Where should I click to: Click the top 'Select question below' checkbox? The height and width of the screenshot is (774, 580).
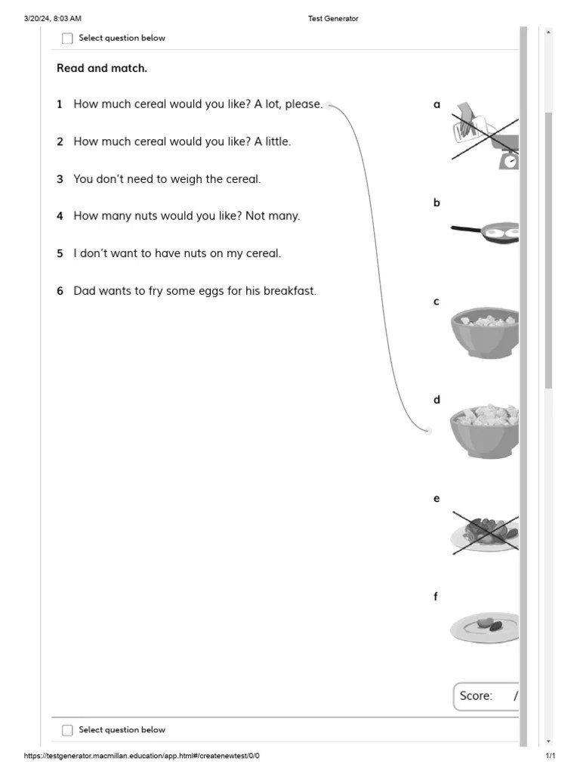pyautogui.click(x=68, y=39)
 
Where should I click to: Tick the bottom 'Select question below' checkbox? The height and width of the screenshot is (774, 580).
pyautogui.click(x=68, y=730)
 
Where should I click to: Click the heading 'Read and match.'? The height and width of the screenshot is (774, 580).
pyautogui.click(x=102, y=69)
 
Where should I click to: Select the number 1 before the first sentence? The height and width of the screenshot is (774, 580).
pyautogui.click(x=60, y=104)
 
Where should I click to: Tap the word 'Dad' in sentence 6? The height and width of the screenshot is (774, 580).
pyautogui.click(x=85, y=290)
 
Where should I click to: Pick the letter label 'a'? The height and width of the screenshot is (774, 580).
pyautogui.click(x=437, y=105)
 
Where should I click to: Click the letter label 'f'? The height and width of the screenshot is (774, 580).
pyautogui.click(x=436, y=597)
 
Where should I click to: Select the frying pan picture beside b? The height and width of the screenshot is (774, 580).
pyautogui.click(x=485, y=232)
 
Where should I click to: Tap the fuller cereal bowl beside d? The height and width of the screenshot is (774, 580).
pyautogui.click(x=485, y=431)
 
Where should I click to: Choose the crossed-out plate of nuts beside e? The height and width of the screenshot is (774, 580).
pyautogui.click(x=485, y=532)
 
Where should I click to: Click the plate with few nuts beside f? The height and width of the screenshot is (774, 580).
pyautogui.click(x=485, y=627)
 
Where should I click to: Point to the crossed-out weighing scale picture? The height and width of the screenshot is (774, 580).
pyautogui.click(x=486, y=136)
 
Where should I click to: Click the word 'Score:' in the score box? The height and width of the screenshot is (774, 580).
pyautogui.click(x=476, y=696)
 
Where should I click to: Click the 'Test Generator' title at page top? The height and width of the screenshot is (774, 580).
pyautogui.click(x=333, y=19)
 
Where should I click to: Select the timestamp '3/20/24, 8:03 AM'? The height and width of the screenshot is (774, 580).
pyautogui.click(x=53, y=19)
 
